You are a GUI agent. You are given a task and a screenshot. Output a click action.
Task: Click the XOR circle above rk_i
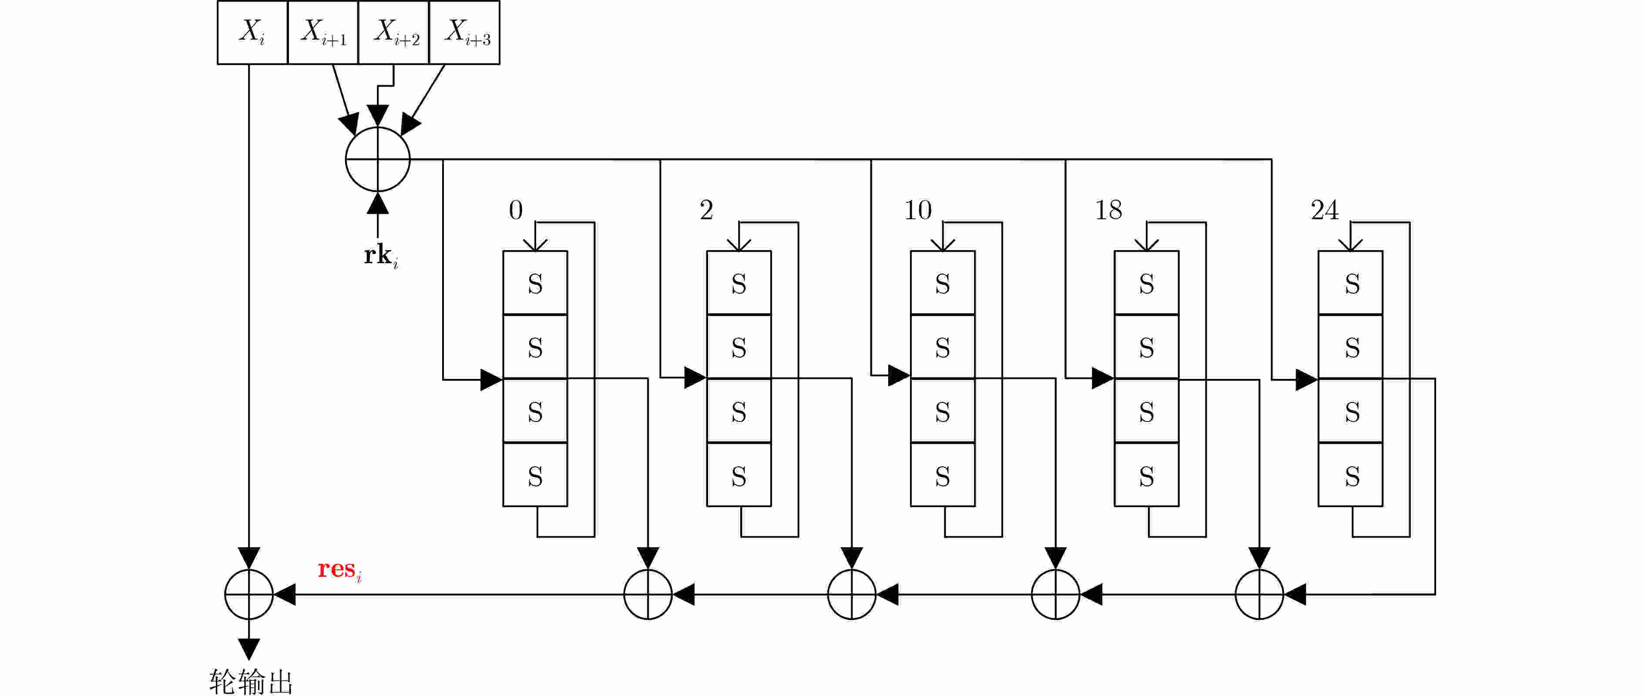point(377,159)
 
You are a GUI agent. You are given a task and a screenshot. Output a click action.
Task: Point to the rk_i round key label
point(381,256)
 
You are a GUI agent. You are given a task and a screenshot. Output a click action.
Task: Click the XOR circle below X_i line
point(249,595)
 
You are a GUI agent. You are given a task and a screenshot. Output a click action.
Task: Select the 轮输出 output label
point(251,681)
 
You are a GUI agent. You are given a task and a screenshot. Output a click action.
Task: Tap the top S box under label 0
point(535,283)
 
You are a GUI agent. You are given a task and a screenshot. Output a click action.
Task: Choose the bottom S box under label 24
point(1351,475)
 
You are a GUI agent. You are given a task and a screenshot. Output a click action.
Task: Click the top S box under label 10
point(943,283)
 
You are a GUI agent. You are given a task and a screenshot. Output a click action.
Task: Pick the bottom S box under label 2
point(739,475)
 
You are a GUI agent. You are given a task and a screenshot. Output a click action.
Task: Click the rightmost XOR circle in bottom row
point(1259,595)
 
